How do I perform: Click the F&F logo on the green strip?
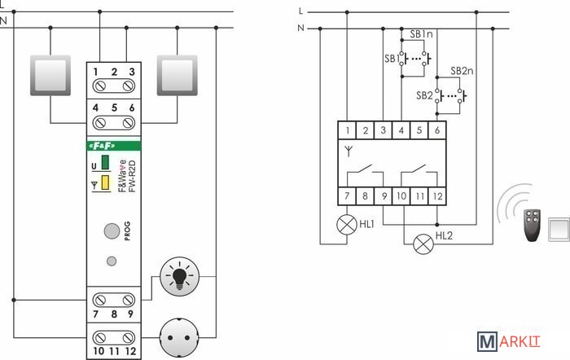[x=101, y=146]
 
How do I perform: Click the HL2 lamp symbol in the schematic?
[x=423, y=242]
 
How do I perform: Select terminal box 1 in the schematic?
[x=348, y=130]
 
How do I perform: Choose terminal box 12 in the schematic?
[x=437, y=195]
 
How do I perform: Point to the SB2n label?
[x=462, y=71]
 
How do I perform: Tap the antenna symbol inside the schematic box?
[x=348, y=150]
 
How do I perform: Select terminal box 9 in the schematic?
[x=384, y=195]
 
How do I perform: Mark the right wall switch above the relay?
[x=178, y=75]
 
